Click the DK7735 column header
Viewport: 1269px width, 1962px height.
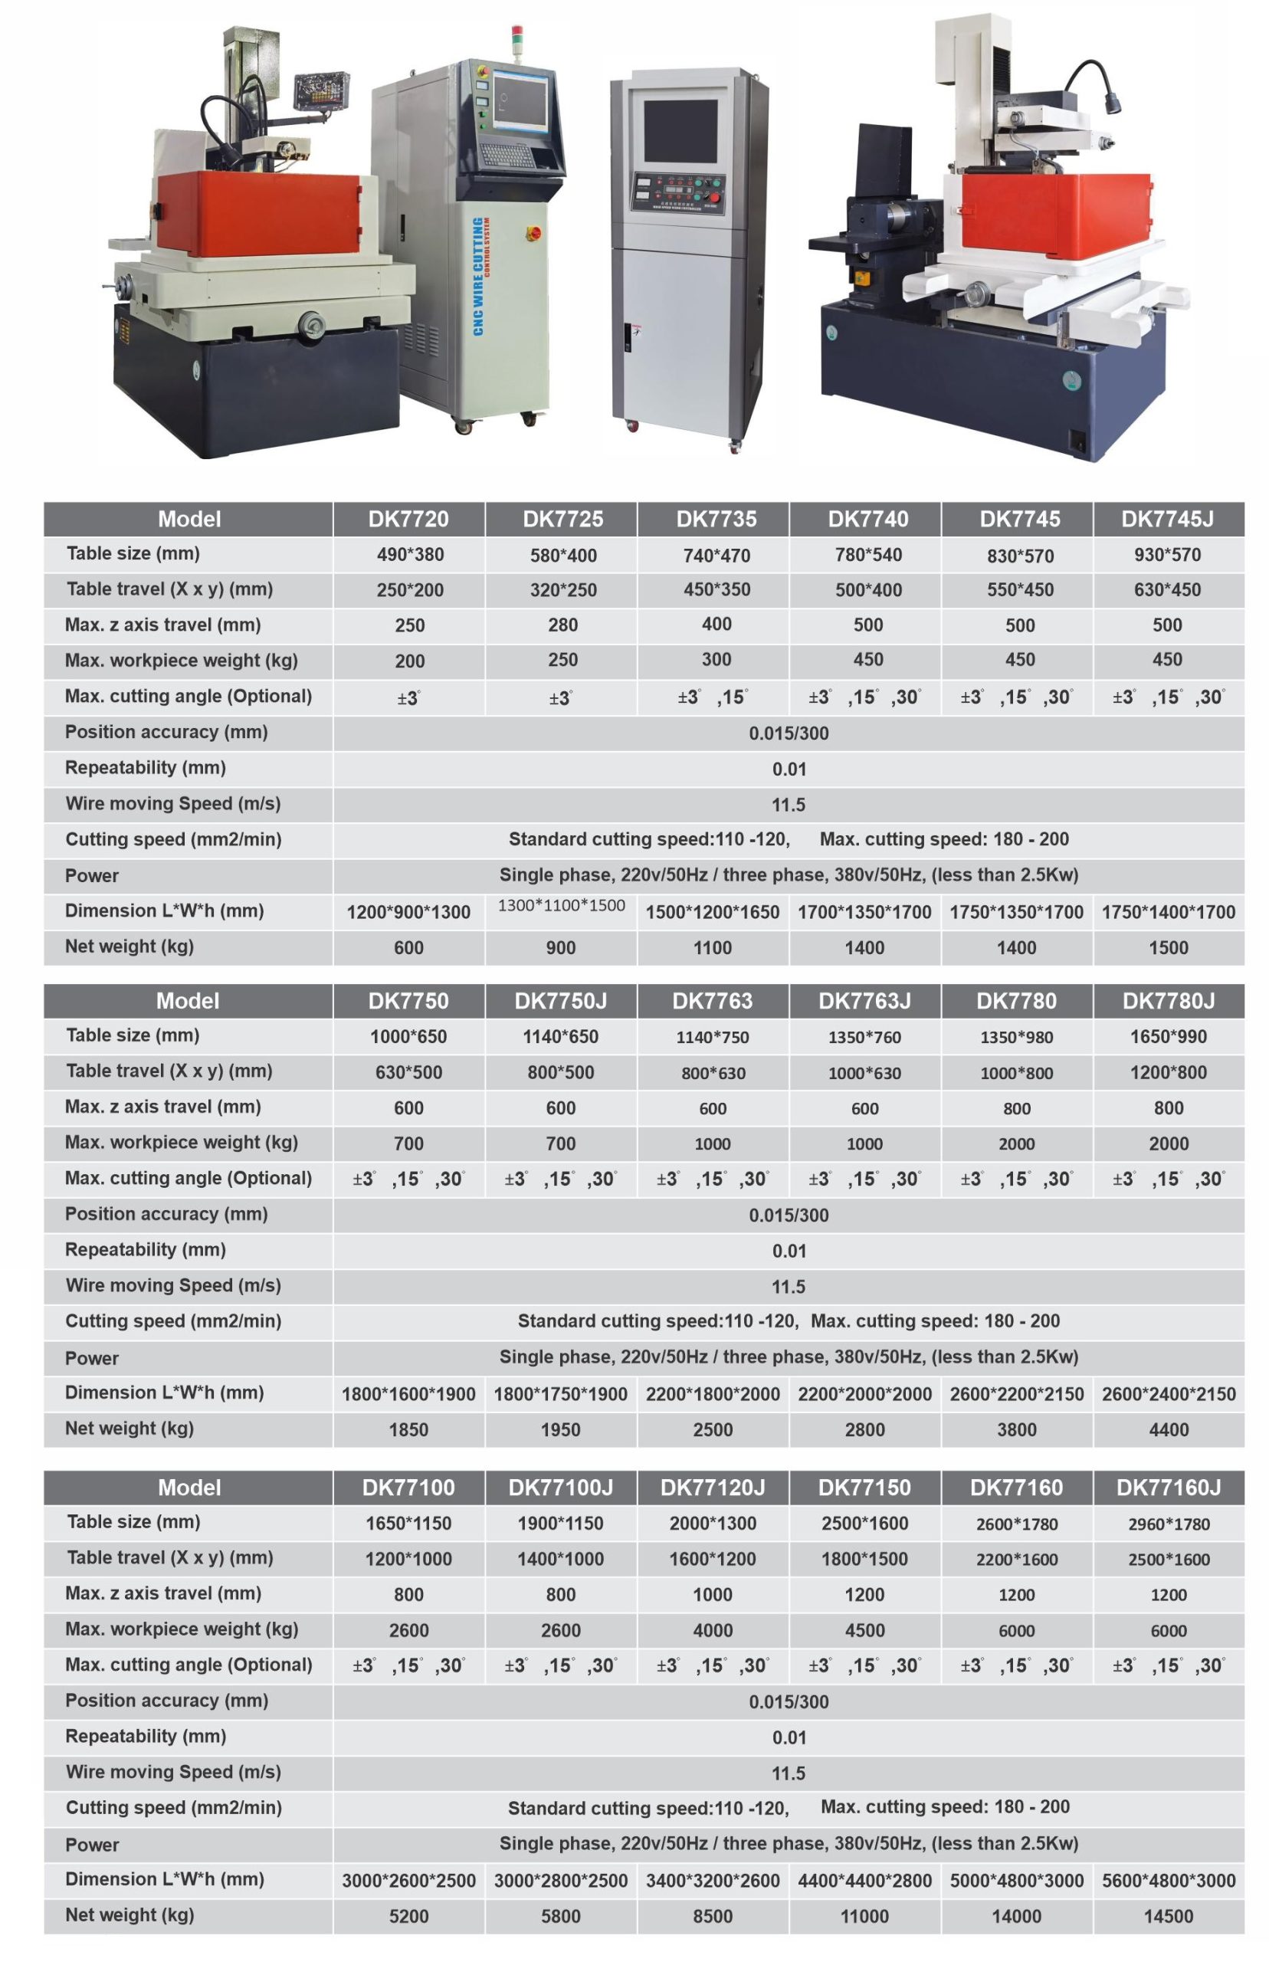pyautogui.click(x=716, y=519)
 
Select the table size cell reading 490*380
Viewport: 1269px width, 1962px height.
pyautogui.click(x=409, y=555)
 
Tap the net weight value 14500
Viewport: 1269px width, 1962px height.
pyautogui.click(x=1168, y=1916)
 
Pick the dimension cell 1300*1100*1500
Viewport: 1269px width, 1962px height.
pyautogui.click(x=561, y=906)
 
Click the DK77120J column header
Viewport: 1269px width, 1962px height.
pyautogui.click(x=712, y=1488)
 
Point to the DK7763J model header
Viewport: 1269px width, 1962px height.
pyautogui.click(x=864, y=1000)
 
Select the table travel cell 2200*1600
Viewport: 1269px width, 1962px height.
pyautogui.click(x=1016, y=1559)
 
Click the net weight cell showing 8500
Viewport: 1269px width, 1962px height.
pyautogui.click(x=712, y=1916)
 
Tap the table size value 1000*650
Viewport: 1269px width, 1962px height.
pyautogui.click(x=408, y=1037)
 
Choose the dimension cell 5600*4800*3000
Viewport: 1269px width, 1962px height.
pyautogui.click(x=1168, y=1881)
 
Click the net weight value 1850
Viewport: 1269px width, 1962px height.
pyautogui.click(x=408, y=1429)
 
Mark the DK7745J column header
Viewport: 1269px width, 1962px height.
pyautogui.click(x=1167, y=519)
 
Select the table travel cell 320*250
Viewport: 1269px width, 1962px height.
pyautogui.click(x=562, y=590)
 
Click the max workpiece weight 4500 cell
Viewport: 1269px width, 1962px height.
pyautogui.click(x=864, y=1630)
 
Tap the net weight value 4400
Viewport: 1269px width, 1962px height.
pyautogui.click(x=1168, y=1429)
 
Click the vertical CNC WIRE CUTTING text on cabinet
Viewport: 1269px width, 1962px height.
pyautogui.click(x=479, y=276)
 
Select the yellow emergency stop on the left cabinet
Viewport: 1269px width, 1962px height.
pyautogui.click(x=533, y=233)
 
